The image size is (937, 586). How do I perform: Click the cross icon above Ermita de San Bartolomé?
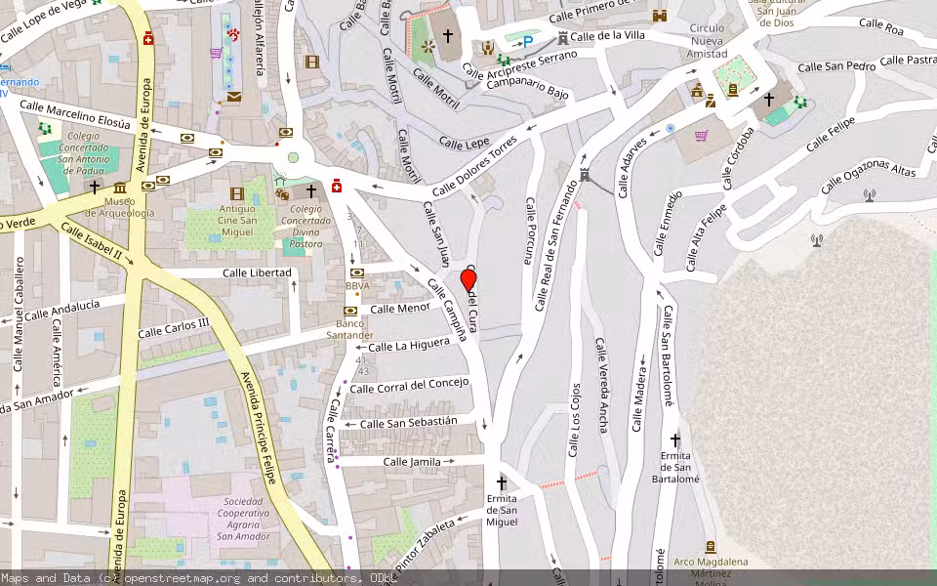point(674,439)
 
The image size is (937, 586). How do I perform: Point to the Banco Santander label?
point(349,329)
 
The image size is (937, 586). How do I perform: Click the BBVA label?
point(357,286)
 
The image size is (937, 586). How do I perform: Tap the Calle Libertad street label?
point(257,272)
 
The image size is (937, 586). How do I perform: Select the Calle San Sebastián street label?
point(408,422)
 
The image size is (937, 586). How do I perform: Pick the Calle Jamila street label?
point(412,461)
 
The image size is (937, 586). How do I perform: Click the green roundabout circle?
point(292,157)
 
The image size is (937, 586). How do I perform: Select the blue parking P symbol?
point(528,41)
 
